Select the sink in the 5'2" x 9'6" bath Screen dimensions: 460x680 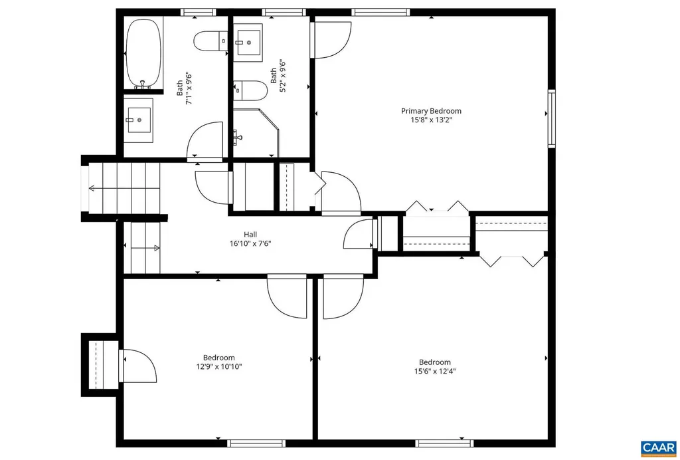click(x=248, y=41)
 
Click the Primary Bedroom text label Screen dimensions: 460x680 click(x=430, y=111)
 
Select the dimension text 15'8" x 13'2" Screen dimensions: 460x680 click(x=430, y=120)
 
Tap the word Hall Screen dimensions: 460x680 click(x=250, y=234)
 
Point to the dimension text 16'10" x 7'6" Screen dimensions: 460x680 click(x=250, y=243)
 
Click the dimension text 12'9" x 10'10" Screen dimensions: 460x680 click(x=218, y=366)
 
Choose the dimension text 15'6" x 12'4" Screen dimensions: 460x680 click(x=434, y=372)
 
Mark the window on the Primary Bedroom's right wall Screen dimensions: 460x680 click(x=551, y=118)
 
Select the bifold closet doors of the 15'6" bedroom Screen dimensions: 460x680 click(x=511, y=260)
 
